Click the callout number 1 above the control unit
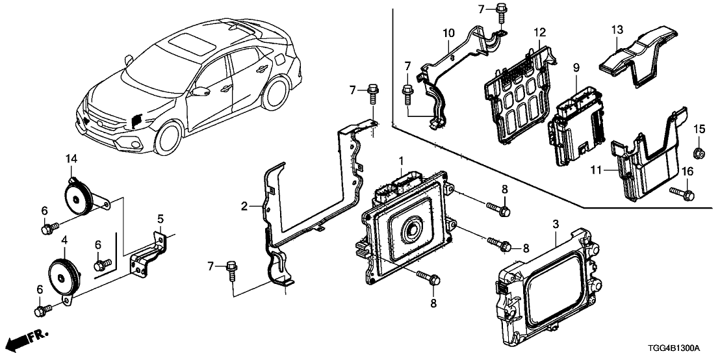[401, 159]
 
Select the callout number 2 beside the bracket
[244, 207]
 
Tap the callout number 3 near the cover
[556, 224]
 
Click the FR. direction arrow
[30, 340]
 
